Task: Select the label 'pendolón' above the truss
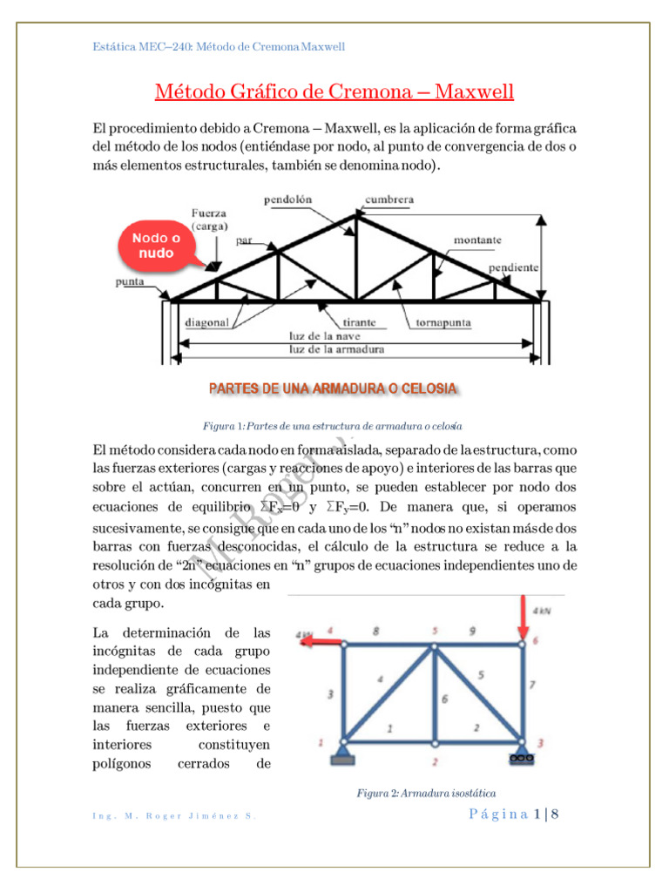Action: [x=287, y=199]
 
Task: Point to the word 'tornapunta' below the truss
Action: [x=439, y=321]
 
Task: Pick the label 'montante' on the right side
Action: [x=476, y=239]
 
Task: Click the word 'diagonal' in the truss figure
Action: [x=206, y=321]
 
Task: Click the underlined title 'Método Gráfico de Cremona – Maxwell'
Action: [x=334, y=91]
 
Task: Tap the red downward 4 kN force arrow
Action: [x=524, y=619]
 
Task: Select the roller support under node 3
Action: [x=523, y=757]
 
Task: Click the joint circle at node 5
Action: [x=434, y=645]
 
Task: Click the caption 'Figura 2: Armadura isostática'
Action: [x=427, y=793]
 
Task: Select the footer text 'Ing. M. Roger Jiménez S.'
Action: [x=173, y=815]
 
